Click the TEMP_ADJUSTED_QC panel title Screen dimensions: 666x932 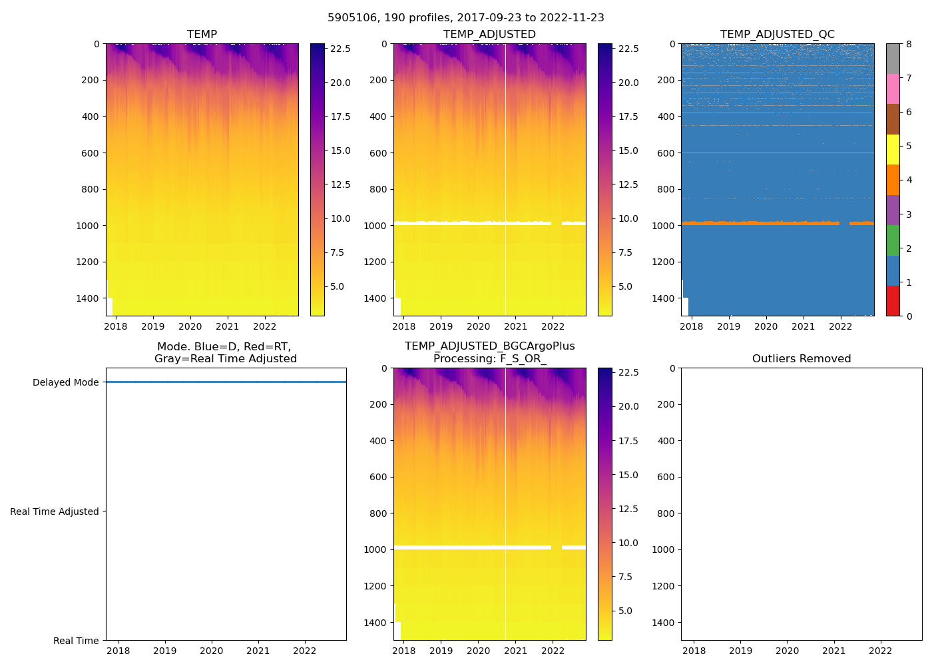[777, 35]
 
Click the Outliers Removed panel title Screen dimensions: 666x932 [802, 359]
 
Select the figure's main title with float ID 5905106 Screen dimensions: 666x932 [466, 18]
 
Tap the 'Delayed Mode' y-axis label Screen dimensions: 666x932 [65, 382]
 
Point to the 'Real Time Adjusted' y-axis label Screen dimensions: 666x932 [55, 511]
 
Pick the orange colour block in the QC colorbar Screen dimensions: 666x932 [893, 180]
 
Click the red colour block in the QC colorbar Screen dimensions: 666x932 [893, 300]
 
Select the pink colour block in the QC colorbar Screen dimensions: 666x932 [893, 89]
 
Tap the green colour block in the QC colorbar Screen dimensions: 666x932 [893, 240]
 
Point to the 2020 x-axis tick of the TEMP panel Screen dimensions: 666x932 [190, 326]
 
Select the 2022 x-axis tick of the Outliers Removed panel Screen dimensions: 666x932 [881, 651]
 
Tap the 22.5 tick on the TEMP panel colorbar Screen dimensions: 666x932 [341, 49]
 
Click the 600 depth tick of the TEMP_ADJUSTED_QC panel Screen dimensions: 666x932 [666, 153]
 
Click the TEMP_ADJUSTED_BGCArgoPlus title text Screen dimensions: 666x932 [489, 346]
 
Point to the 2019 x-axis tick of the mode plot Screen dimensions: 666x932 [165, 651]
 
